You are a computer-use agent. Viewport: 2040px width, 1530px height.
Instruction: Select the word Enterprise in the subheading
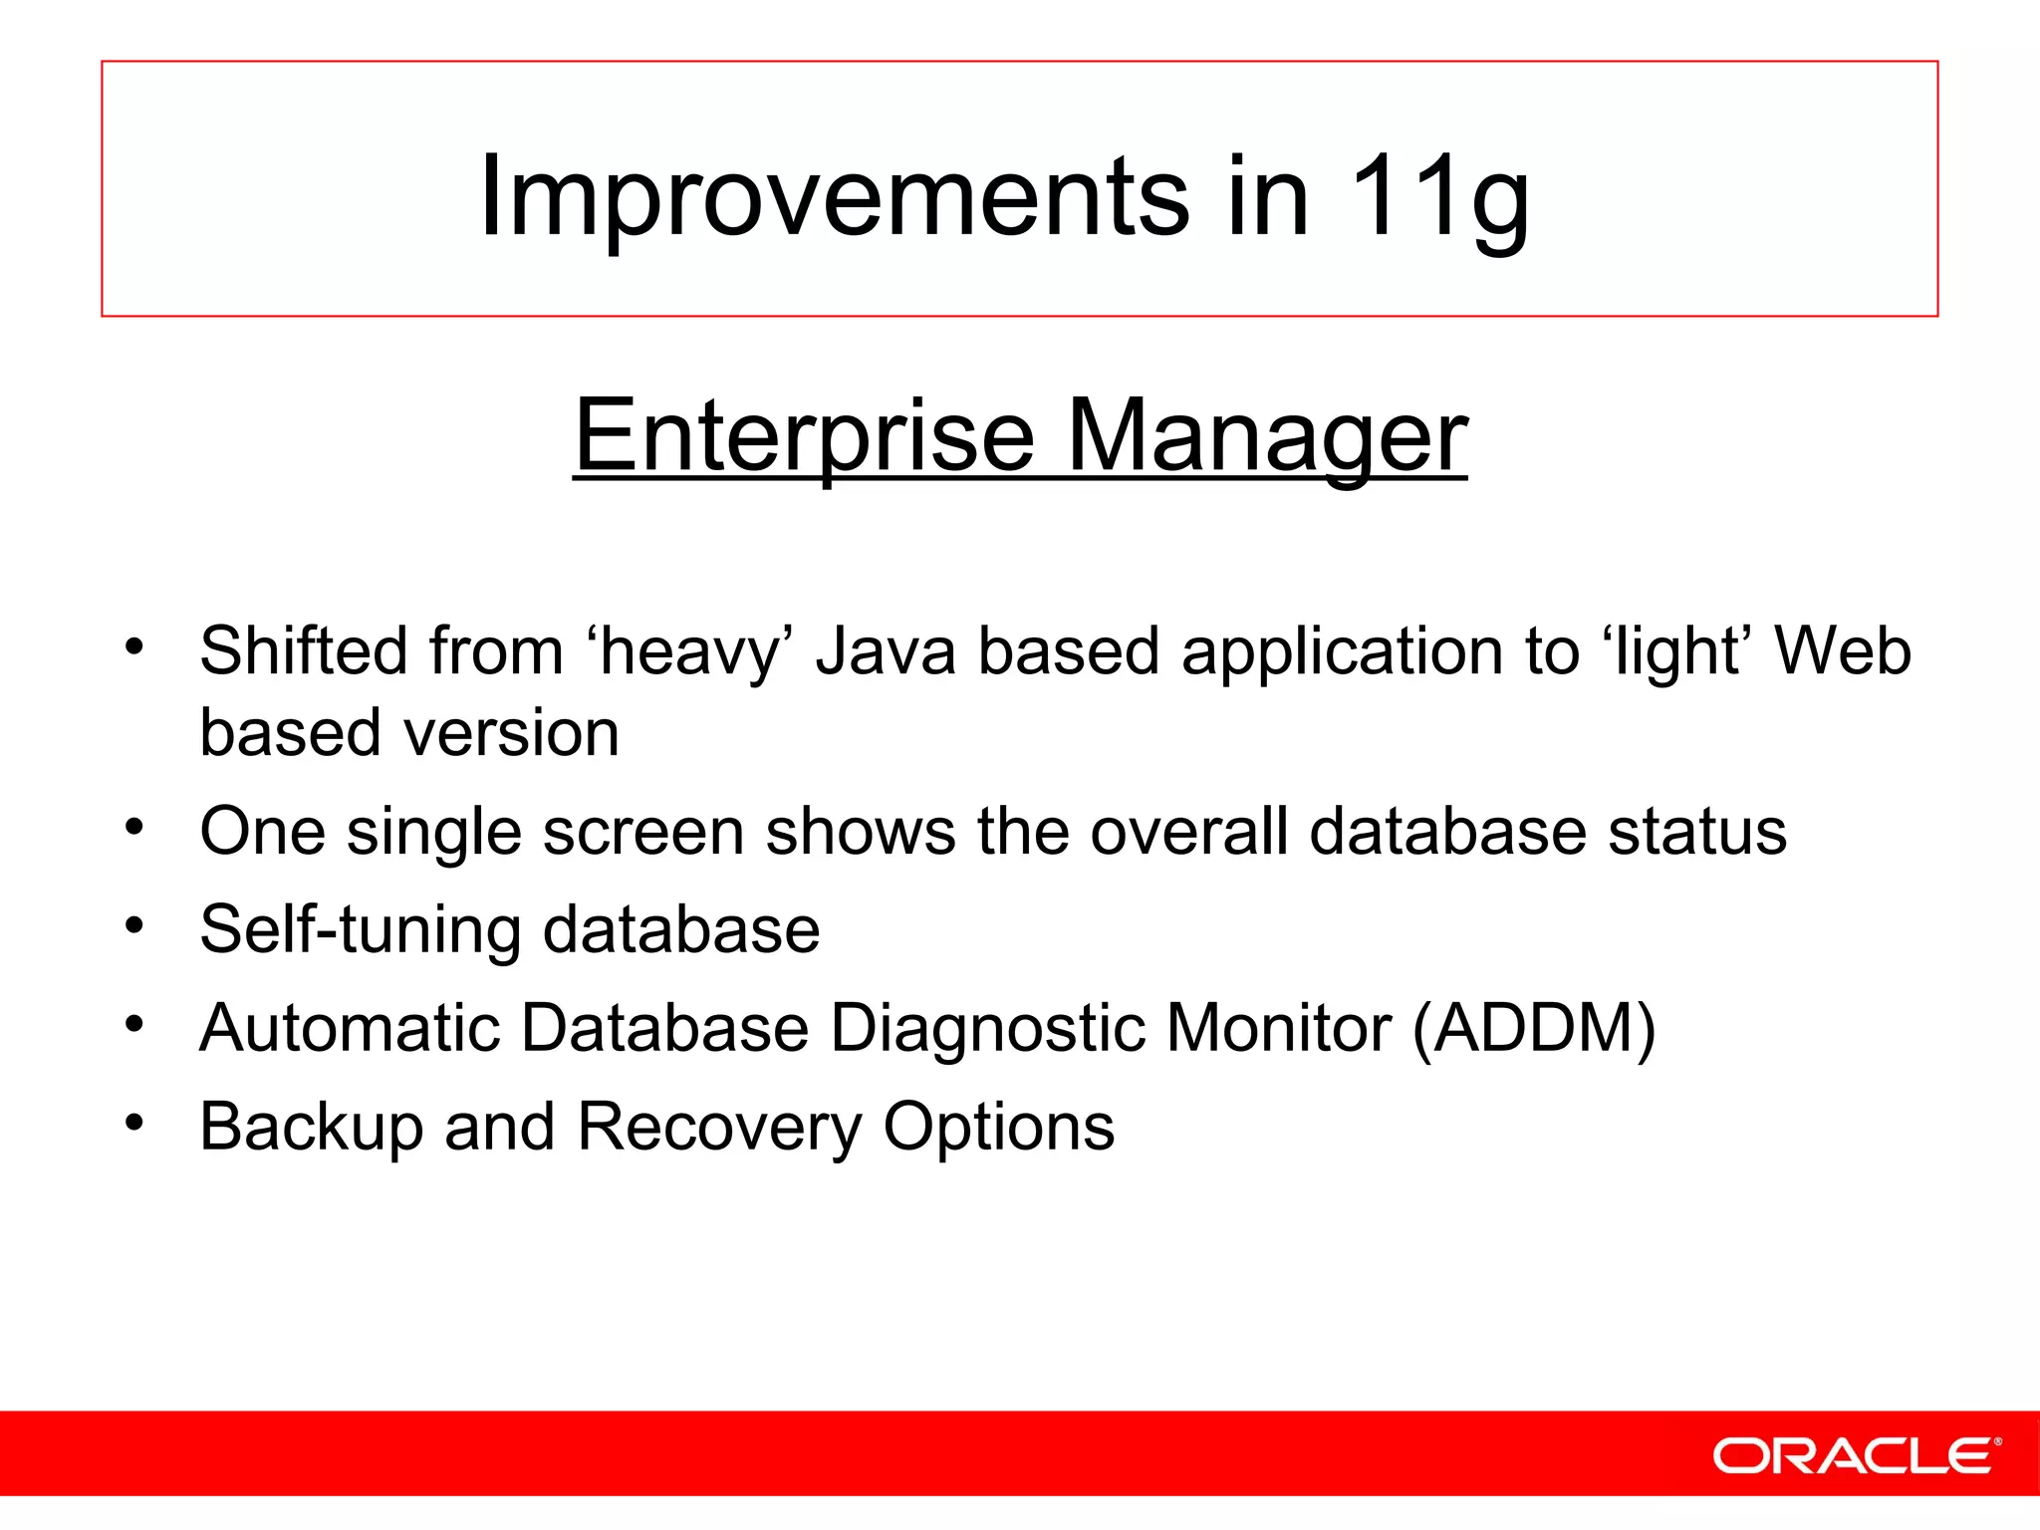(x=805, y=435)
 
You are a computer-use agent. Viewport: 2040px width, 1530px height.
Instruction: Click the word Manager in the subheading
(x=1267, y=435)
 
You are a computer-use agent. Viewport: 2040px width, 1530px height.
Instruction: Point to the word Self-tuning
(x=360, y=930)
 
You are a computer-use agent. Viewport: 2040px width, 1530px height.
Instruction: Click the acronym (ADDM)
(x=1534, y=1028)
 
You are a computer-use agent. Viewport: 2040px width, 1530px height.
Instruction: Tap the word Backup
(x=312, y=1127)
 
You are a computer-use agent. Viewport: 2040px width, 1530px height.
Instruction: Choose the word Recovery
(x=719, y=1127)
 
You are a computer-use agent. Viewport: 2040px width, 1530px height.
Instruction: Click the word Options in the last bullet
(x=999, y=1127)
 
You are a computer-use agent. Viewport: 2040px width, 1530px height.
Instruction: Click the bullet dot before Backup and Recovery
(x=134, y=1123)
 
